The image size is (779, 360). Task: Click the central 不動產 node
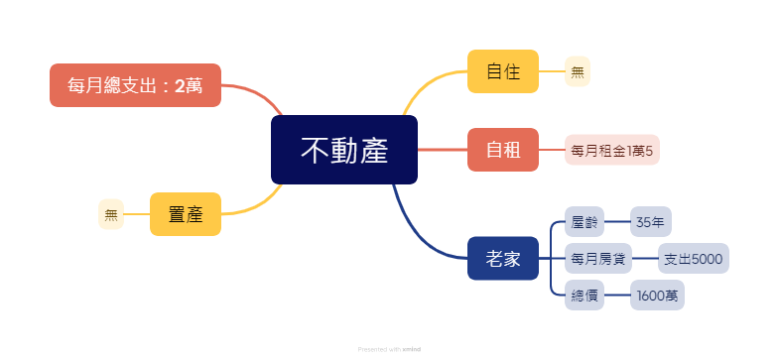tap(343, 150)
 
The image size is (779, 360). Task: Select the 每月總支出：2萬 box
tap(135, 85)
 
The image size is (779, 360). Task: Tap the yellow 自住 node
tap(503, 71)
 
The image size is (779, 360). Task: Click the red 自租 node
tap(503, 150)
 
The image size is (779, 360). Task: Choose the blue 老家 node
tap(503, 258)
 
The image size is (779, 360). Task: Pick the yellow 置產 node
tap(186, 214)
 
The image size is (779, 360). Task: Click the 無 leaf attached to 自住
tap(578, 71)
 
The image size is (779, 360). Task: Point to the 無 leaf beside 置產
tap(111, 214)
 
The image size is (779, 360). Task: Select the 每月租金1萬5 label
tap(612, 150)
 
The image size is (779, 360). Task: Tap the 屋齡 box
tap(584, 221)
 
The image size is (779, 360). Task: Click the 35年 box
tap(651, 221)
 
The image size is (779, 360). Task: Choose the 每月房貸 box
tap(598, 258)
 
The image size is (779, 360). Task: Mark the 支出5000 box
tap(694, 258)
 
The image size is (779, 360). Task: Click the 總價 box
tap(584, 295)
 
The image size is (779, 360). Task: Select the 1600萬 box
tap(657, 295)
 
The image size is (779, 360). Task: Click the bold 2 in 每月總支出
tap(180, 86)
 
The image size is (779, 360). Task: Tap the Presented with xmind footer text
tap(389, 349)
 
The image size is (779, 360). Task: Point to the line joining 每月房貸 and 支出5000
tap(645, 258)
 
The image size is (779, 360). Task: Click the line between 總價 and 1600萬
tap(617, 295)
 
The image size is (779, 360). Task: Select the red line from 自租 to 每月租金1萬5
tap(552, 150)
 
